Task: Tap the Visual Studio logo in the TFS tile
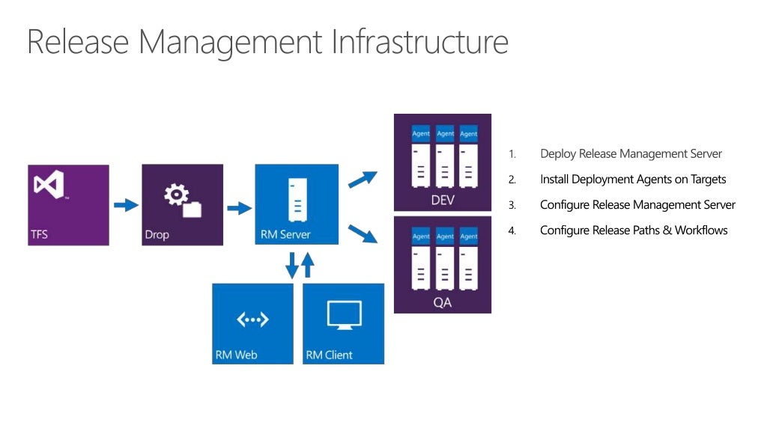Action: [x=49, y=185]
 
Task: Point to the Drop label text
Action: [x=157, y=234]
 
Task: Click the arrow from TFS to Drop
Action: [x=125, y=205]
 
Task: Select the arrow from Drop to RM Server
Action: [x=239, y=207]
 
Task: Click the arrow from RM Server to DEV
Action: [x=363, y=179]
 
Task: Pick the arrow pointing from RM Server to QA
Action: [x=363, y=233]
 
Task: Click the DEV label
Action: [x=442, y=201]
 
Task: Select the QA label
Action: [x=442, y=303]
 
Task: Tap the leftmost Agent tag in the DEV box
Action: [x=421, y=134]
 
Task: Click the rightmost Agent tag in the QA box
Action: [x=468, y=236]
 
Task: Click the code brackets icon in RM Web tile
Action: [x=252, y=320]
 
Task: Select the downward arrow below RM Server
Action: [x=292, y=266]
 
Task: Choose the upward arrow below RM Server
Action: [x=308, y=265]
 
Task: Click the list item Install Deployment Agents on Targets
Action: [x=633, y=180]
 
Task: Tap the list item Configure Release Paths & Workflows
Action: [x=634, y=230]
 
